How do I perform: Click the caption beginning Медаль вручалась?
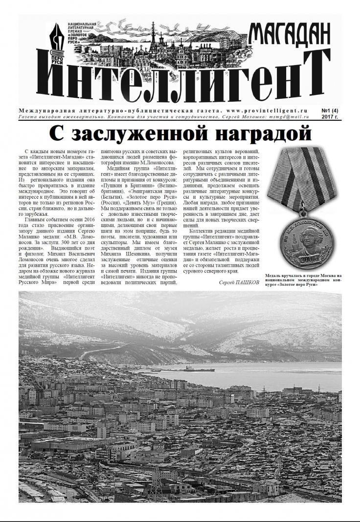coord(310,280)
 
